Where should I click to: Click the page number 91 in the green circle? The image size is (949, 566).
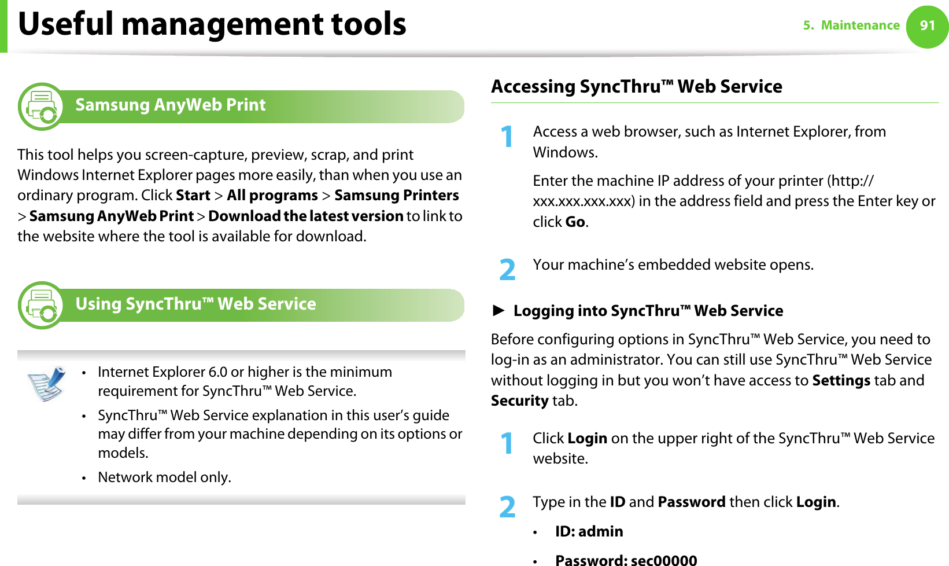(x=927, y=25)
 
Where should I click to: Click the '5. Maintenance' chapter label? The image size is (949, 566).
(x=851, y=25)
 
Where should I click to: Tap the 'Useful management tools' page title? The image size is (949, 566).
(x=212, y=24)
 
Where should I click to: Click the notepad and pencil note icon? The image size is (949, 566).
(x=46, y=383)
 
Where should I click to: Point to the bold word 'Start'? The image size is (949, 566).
(x=193, y=196)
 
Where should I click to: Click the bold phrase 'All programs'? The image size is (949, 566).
(x=272, y=196)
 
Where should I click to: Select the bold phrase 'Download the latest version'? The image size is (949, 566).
(x=305, y=216)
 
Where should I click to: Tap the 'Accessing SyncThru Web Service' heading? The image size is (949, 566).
(x=636, y=87)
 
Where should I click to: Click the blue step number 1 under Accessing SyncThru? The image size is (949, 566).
(x=507, y=137)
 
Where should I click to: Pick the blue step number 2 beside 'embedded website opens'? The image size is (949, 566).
(x=507, y=270)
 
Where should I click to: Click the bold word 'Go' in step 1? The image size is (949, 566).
(x=575, y=222)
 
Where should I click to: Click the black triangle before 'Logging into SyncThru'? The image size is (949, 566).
(x=498, y=311)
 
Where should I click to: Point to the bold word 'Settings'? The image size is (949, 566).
(x=841, y=380)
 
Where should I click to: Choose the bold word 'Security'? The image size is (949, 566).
(x=519, y=400)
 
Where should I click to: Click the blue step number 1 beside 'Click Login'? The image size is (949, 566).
(x=507, y=443)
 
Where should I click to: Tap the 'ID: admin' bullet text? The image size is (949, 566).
(x=589, y=531)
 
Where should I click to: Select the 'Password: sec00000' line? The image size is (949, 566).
(x=626, y=560)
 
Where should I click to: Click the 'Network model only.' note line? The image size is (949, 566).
(x=164, y=477)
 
